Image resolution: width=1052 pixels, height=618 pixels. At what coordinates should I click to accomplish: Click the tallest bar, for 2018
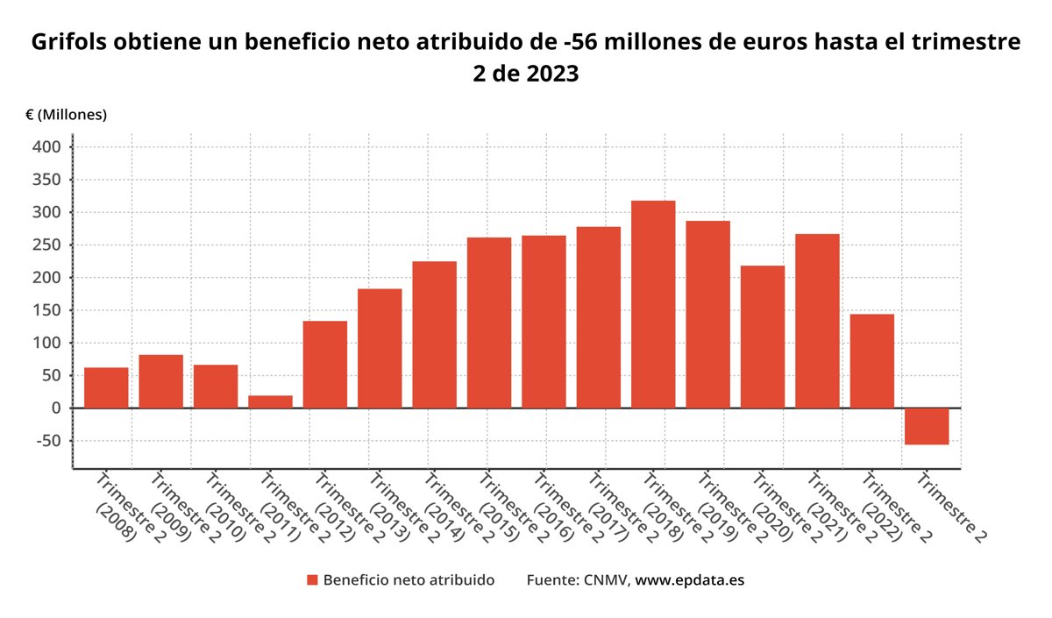[x=653, y=304]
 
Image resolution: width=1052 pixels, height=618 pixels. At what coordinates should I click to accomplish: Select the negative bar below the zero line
[x=927, y=426]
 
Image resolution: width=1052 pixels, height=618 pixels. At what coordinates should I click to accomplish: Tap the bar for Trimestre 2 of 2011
[x=270, y=401]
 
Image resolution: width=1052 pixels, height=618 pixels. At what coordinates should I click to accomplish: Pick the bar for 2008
[x=106, y=387]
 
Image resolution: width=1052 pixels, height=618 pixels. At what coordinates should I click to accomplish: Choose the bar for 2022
[x=871, y=360]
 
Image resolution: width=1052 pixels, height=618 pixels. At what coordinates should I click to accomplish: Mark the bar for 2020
[x=763, y=337]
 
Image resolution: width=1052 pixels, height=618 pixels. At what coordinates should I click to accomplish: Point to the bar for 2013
[x=380, y=348]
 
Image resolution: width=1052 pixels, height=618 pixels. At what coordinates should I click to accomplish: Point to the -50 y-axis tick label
[x=49, y=441]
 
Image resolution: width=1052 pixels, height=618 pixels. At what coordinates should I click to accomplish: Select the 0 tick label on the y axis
[x=56, y=408]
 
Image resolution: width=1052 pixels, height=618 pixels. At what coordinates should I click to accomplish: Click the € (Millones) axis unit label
[x=66, y=115]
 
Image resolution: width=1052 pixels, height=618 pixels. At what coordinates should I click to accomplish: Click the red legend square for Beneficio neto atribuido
[x=311, y=580]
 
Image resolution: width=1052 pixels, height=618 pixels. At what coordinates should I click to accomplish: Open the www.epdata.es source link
[x=689, y=580]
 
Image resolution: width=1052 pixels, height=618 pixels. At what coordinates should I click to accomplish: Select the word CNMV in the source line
[x=606, y=580]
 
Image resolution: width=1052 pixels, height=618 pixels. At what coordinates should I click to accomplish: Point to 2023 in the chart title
[x=552, y=75]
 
